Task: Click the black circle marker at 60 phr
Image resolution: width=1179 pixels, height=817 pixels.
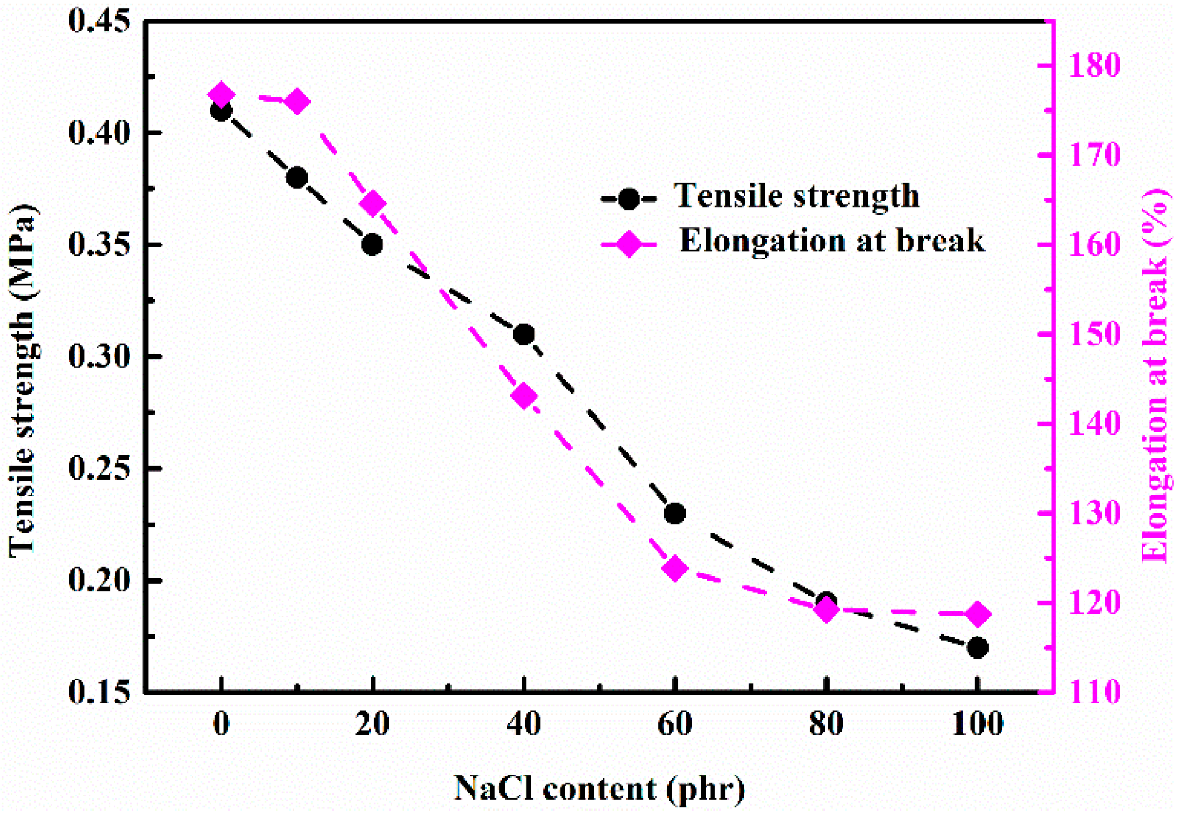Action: (x=675, y=513)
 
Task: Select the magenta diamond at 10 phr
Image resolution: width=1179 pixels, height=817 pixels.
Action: (x=297, y=102)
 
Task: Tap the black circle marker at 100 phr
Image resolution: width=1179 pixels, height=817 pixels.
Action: (x=978, y=648)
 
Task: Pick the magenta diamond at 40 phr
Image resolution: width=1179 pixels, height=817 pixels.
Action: (x=524, y=396)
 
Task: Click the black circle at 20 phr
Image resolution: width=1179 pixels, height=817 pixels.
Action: (x=372, y=244)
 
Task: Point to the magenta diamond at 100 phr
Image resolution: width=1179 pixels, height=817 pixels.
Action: (x=978, y=614)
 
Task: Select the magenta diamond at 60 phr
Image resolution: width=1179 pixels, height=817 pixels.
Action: (x=675, y=568)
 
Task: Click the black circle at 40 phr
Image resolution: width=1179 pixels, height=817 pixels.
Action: (x=524, y=334)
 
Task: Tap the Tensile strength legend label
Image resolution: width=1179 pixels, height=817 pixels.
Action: (x=797, y=196)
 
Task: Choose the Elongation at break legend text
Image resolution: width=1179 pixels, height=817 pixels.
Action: (x=832, y=241)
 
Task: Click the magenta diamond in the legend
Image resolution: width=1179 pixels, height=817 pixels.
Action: (x=629, y=244)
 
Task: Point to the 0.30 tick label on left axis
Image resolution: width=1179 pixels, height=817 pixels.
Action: (x=100, y=357)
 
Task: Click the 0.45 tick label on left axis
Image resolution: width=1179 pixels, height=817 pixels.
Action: (x=100, y=21)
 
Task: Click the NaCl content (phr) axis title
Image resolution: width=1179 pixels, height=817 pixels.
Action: (x=599, y=788)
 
